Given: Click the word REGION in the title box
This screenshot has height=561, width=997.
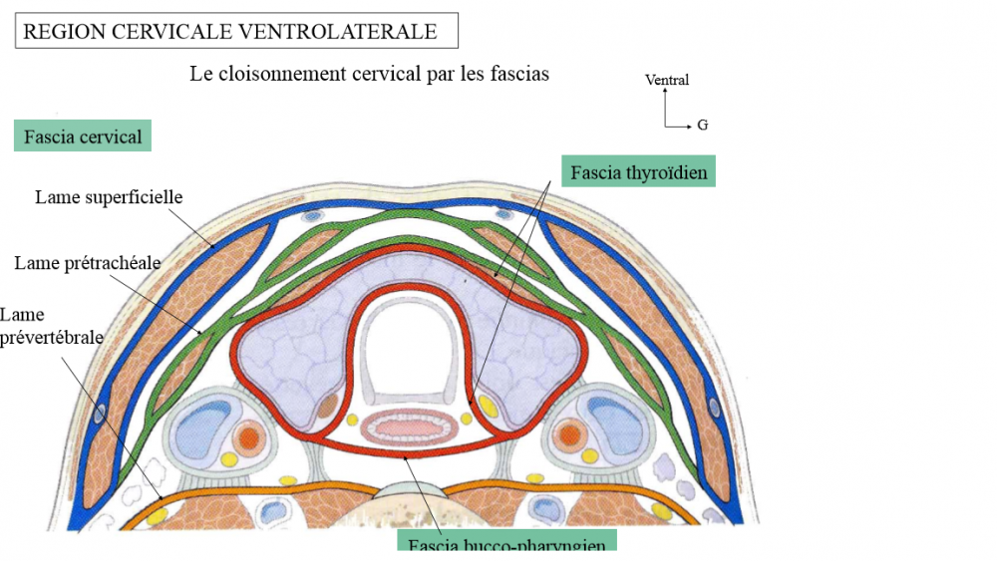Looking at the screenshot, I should click(57, 32).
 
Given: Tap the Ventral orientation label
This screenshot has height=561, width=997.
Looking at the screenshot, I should click(667, 80).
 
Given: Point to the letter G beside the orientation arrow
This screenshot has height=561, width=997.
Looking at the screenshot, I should click(703, 126).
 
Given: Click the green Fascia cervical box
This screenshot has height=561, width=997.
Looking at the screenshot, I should click(83, 137).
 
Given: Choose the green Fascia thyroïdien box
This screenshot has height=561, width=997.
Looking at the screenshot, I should click(639, 172).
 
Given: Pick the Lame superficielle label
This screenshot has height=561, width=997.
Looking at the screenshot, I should click(109, 197).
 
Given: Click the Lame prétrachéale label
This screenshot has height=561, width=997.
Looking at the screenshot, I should click(88, 263).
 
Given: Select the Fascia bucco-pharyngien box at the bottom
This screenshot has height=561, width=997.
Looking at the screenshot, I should click(506, 543).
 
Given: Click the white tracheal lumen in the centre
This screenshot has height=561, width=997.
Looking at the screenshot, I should click(409, 345).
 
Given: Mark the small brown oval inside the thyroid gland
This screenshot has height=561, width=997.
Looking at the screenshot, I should click(328, 405).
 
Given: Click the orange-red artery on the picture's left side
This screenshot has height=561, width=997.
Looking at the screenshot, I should click(248, 434).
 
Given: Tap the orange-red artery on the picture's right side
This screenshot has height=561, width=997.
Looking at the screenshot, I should click(570, 434).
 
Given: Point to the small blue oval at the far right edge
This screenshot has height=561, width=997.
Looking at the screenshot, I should click(712, 407).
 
